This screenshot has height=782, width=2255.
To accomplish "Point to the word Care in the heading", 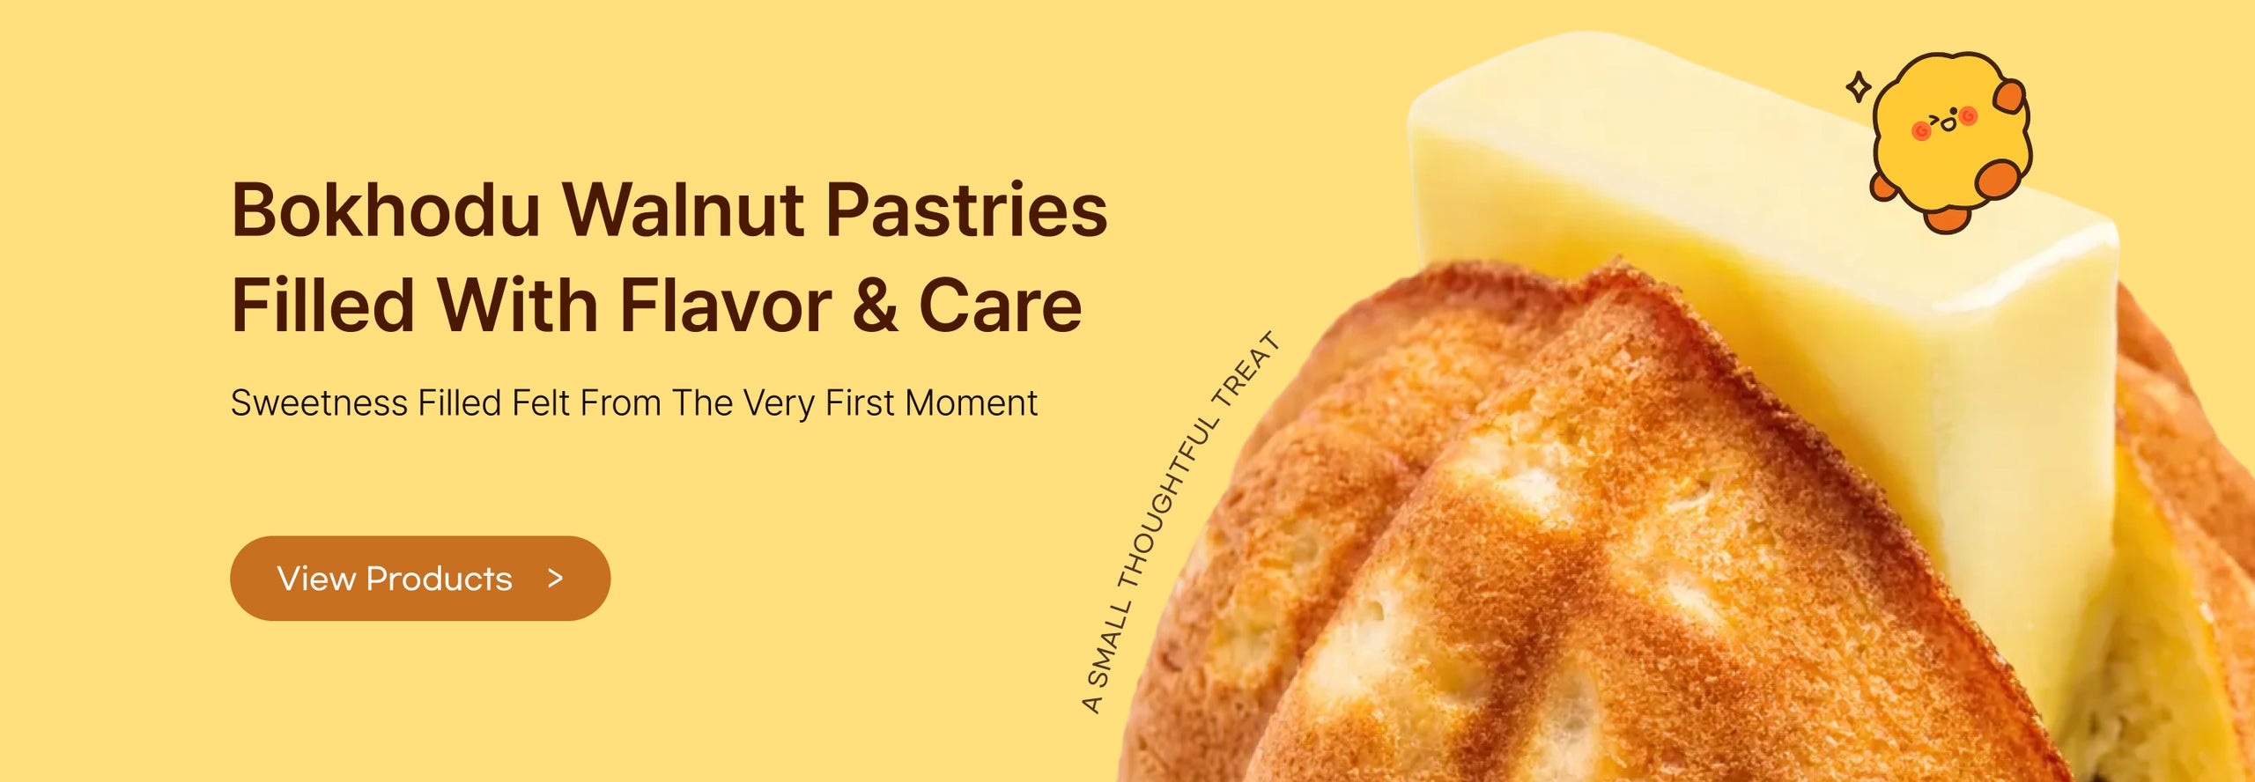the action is coord(1000,306).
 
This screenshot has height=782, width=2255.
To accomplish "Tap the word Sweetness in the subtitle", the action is coord(319,403).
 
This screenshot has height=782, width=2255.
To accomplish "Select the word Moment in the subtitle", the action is coord(971,403).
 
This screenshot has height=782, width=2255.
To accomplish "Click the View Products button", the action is coord(420,579).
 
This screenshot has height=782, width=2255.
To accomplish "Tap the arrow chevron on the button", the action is coord(555,579).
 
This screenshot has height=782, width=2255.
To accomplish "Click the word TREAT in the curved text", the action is coord(1246,369).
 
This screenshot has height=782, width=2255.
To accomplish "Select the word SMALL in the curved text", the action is coord(1110,645).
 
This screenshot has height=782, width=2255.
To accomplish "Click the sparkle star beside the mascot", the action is coord(1859,86).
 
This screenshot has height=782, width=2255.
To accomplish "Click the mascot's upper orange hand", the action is coord(2010,95).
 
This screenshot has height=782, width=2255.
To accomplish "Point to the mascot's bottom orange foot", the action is coord(1947,218).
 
